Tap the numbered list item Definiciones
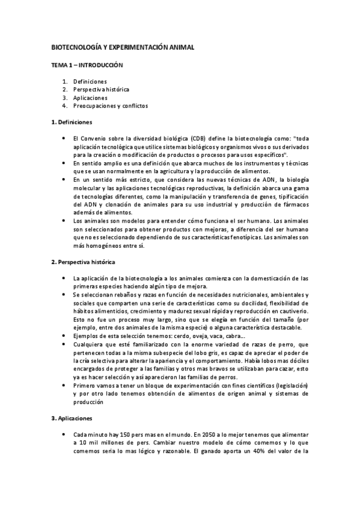coord(90,81)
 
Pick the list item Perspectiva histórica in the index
coord(101,89)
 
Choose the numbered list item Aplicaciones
coord(90,97)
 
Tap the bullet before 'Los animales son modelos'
coord(64,221)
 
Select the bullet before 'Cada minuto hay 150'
coord(64,434)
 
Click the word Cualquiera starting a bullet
coord(89,343)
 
